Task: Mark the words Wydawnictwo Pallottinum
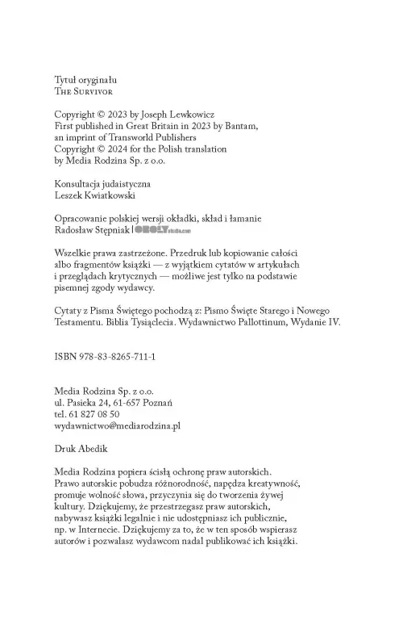pyautogui.click(x=239, y=321)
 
